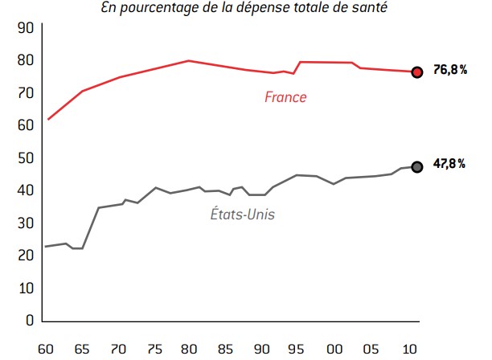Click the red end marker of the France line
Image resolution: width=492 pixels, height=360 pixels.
pyautogui.click(x=416, y=72)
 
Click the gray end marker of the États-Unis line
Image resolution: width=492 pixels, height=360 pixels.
pyautogui.click(x=416, y=166)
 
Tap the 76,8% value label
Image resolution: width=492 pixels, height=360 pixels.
pyautogui.click(x=450, y=71)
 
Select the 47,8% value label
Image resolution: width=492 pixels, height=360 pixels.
pyautogui.click(x=450, y=164)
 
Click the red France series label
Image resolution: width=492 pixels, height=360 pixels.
pyautogui.click(x=285, y=97)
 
